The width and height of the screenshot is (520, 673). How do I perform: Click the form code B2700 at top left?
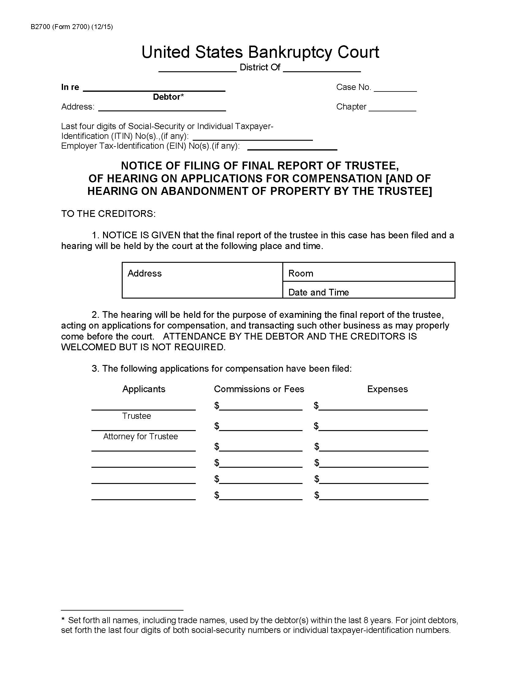(x=41, y=27)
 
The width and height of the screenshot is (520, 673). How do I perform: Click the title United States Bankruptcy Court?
(x=260, y=52)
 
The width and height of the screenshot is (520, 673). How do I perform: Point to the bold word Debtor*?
(x=168, y=97)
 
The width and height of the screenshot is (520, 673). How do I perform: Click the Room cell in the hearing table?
(x=369, y=272)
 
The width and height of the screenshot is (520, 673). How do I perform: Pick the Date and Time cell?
(x=369, y=291)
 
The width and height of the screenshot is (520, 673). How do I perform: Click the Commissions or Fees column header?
(x=259, y=389)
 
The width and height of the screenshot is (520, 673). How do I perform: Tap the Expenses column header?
(x=387, y=389)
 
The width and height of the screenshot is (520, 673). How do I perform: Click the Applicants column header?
(x=143, y=389)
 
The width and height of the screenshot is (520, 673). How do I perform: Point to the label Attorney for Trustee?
(x=140, y=436)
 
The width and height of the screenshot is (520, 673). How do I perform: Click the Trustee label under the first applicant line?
(x=136, y=416)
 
